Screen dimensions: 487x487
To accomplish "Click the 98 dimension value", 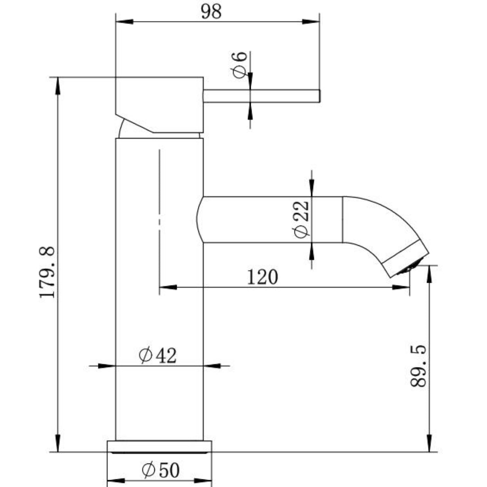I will [x=211, y=12].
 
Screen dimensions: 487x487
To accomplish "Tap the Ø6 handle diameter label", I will [x=239, y=64].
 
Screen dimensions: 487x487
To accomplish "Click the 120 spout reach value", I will [x=262, y=277].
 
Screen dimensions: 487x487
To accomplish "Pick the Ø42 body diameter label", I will [x=158, y=356].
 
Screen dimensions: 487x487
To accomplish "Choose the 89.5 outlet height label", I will [x=418, y=366].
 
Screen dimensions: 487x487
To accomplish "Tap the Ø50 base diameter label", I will [x=161, y=470].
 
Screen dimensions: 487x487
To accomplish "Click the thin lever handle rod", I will [x=262, y=96].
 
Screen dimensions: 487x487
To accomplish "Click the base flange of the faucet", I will [x=159, y=446].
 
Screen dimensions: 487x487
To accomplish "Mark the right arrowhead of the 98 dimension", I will [x=311, y=21].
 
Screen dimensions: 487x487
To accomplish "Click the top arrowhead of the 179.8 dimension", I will [x=58, y=86].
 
